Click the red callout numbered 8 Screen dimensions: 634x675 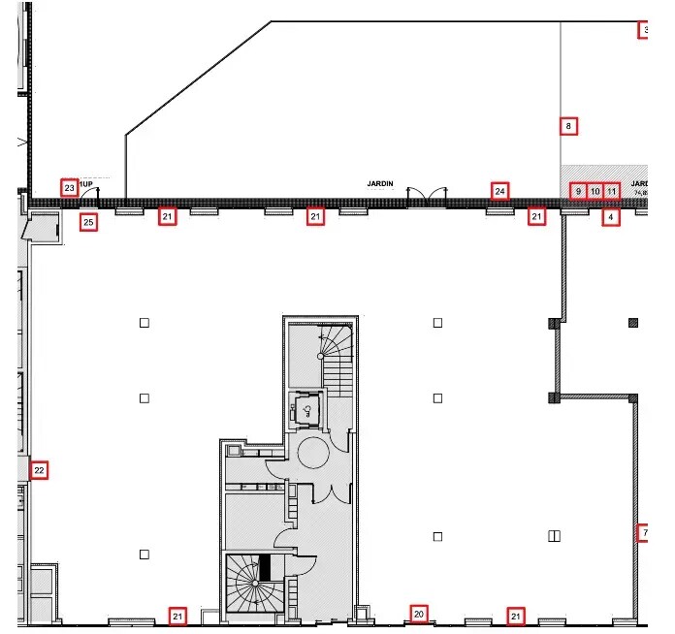569,126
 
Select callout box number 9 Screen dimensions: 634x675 578,191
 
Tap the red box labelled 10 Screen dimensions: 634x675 595,191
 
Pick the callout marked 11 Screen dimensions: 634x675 611,191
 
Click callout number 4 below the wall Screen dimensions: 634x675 610,218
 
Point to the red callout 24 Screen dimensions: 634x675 499,191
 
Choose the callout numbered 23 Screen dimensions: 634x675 69,188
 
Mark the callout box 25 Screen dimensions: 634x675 88,223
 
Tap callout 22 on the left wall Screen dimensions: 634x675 39,471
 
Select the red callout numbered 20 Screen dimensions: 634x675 419,614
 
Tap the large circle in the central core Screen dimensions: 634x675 313,452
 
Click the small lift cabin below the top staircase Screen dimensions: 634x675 308,409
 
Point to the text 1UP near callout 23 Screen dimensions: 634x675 86,183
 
